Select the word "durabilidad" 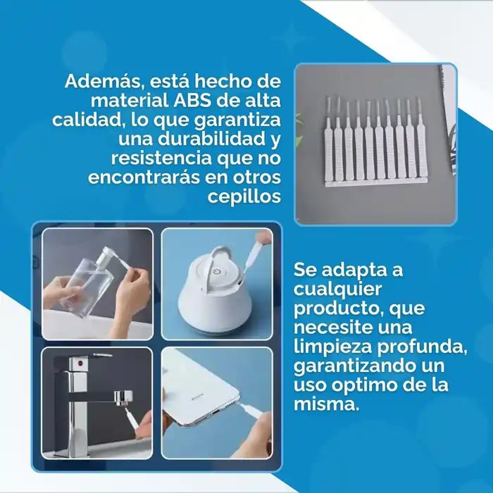(212, 139)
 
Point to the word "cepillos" (244, 197)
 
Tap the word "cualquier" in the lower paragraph (337, 290)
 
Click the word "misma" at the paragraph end (326, 404)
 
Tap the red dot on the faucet (80, 364)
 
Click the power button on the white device (217, 272)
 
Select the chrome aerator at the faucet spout (123, 398)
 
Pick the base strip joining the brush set (376, 183)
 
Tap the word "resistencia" (161, 158)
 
